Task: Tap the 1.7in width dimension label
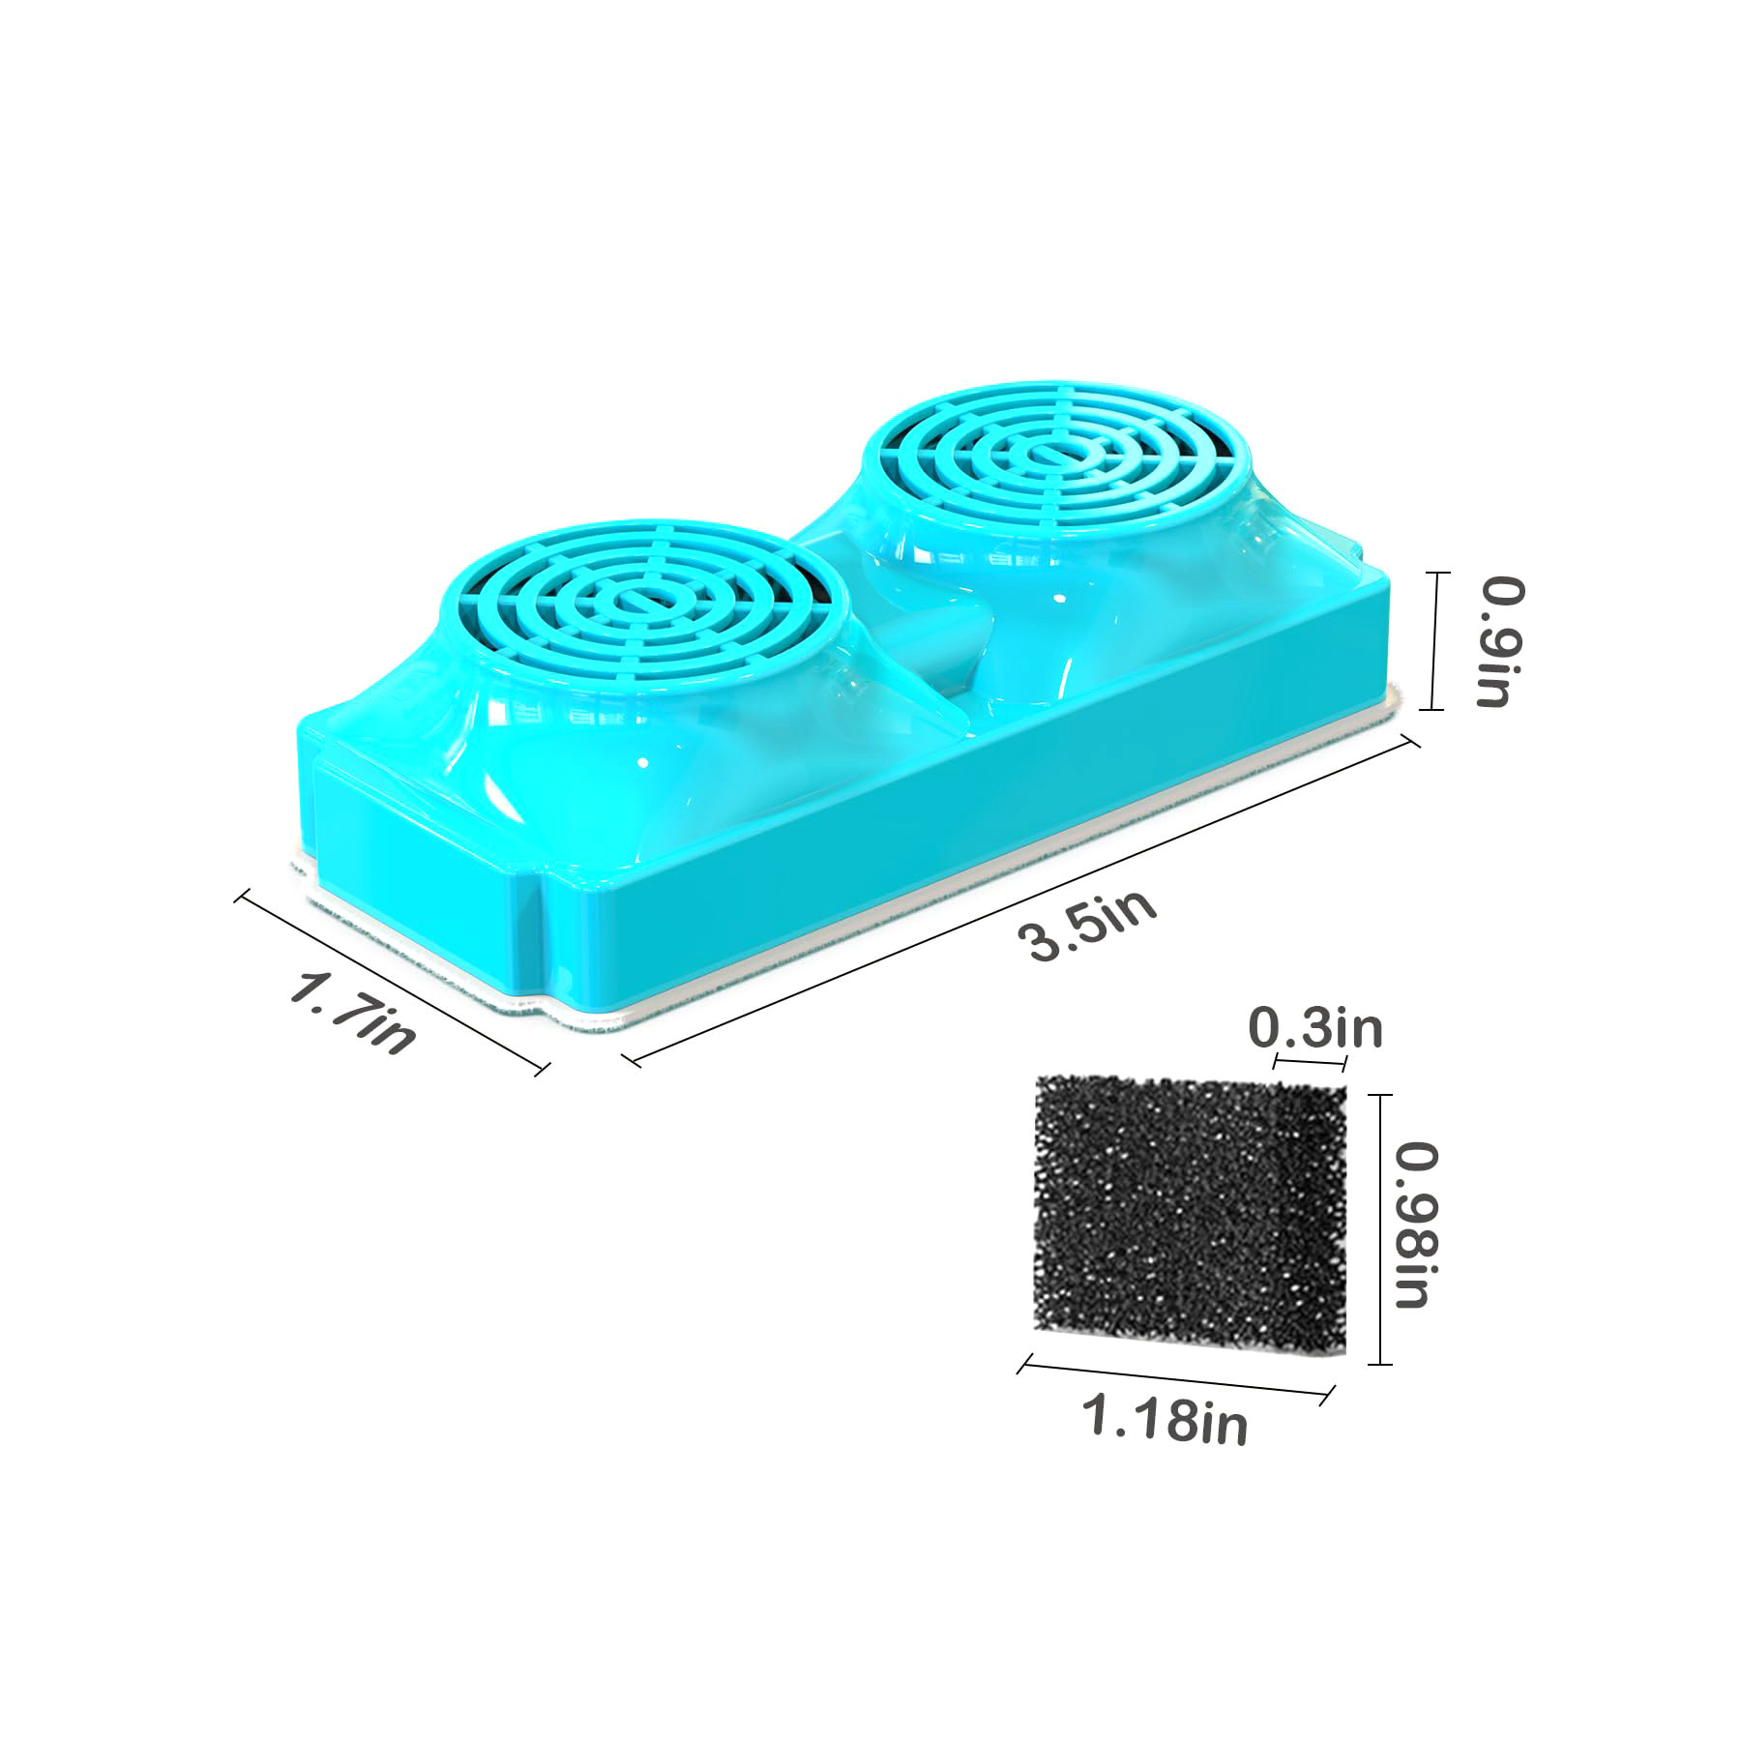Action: pos(354,1014)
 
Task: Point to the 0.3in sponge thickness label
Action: pos(1317,1028)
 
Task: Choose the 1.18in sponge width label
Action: pos(1165,1421)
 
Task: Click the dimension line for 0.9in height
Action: pos(1435,641)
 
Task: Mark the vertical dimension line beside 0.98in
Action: pos(1378,1228)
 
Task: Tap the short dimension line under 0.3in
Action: pos(1311,1062)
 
